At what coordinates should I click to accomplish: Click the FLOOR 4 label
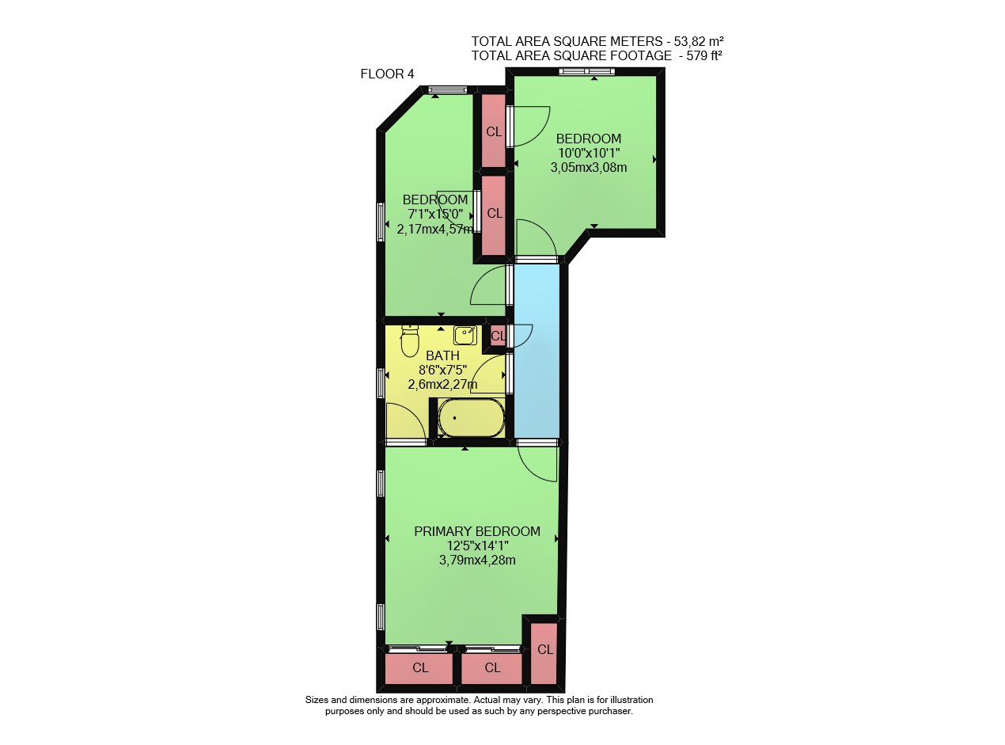(387, 74)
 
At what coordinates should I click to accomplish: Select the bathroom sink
(465, 336)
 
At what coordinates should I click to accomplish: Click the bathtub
(471, 417)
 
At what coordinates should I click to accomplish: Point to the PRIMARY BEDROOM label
(477, 531)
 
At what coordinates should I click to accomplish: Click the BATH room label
(442, 355)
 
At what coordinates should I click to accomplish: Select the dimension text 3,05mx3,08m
(589, 167)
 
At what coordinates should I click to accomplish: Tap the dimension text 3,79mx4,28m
(477, 560)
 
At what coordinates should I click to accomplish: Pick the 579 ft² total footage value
(704, 55)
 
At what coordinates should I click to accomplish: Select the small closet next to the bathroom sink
(498, 336)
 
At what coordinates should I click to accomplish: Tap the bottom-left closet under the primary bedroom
(419, 668)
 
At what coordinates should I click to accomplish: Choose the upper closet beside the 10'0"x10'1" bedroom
(494, 131)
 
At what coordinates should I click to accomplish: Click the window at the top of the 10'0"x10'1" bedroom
(586, 71)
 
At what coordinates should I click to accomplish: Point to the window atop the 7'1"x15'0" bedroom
(448, 89)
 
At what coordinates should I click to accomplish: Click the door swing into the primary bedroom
(537, 463)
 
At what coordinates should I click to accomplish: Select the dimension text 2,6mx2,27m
(442, 385)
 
